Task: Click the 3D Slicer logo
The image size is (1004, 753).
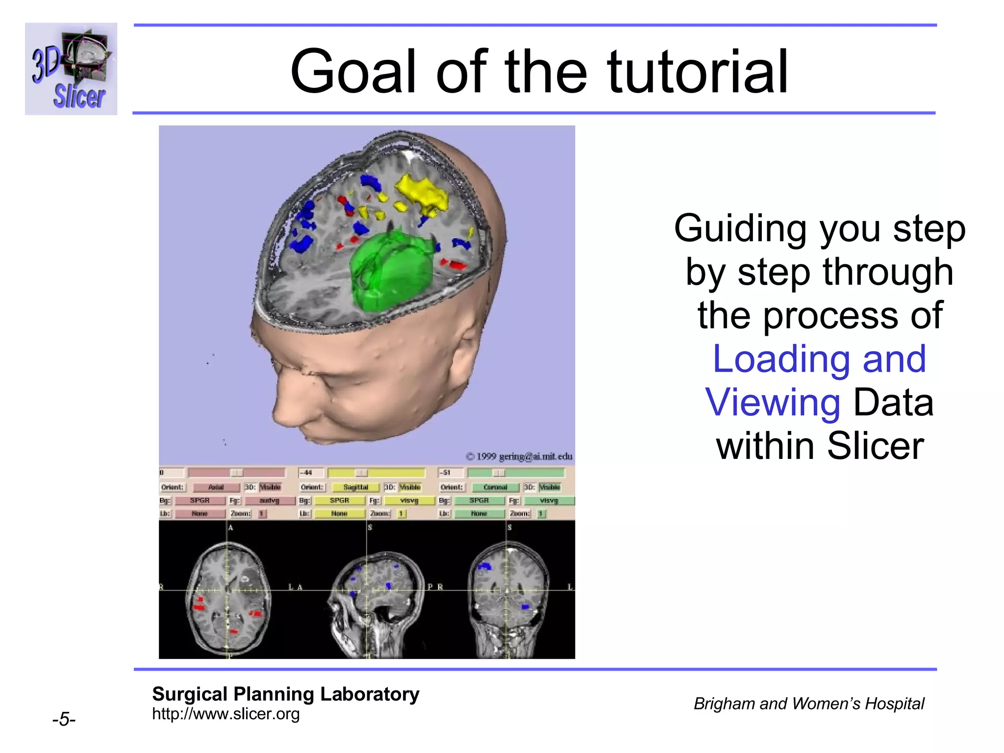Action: (x=71, y=69)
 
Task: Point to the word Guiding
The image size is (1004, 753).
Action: (x=740, y=229)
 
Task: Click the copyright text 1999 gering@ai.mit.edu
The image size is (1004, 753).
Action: (x=519, y=456)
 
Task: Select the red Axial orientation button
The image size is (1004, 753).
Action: (x=216, y=487)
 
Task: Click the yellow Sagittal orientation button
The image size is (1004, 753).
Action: (x=355, y=487)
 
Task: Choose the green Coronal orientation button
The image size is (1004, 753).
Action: (x=495, y=487)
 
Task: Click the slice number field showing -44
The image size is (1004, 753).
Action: (x=311, y=473)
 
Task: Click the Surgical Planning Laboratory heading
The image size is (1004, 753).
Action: (x=285, y=694)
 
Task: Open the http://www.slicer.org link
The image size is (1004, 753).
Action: (x=226, y=714)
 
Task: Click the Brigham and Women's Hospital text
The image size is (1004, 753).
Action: (x=808, y=704)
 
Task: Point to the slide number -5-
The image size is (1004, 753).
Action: (x=64, y=720)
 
